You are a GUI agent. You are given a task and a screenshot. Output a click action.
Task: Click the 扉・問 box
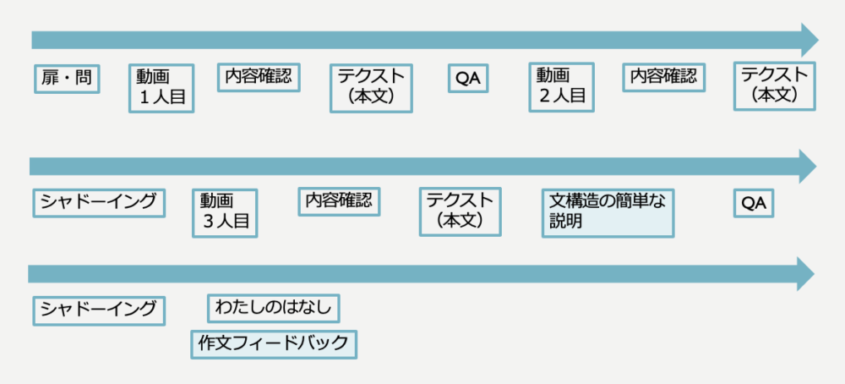[67, 79]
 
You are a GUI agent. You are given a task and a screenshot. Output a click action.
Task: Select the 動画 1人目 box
[161, 87]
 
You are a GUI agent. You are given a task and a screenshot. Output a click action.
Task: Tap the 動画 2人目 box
[561, 86]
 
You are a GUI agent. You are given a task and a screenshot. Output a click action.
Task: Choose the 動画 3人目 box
[225, 212]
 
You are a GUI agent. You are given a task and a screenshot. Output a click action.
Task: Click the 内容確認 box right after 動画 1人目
[259, 76]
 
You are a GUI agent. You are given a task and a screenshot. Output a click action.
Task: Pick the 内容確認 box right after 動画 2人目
[663, 76]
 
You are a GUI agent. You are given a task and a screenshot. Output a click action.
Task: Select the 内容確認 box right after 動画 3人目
[339, 201]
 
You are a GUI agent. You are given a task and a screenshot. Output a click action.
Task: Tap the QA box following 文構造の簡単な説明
[753, 203]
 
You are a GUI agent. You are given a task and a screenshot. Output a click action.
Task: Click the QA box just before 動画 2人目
[467, 79]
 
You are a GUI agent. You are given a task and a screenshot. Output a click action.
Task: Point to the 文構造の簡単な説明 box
[607, 212]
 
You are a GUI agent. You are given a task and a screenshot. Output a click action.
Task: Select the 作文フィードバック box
[273, 344]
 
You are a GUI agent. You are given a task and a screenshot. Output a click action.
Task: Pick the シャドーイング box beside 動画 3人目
[98, 202]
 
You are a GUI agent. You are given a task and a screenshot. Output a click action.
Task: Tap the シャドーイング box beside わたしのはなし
[98, 310]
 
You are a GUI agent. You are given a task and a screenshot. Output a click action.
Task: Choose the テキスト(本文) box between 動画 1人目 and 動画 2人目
[371, 87]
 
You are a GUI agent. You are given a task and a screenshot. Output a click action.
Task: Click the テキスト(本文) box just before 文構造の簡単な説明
[460, 211]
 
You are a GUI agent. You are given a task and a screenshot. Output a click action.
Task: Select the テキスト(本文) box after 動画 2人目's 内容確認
[774, 85]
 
